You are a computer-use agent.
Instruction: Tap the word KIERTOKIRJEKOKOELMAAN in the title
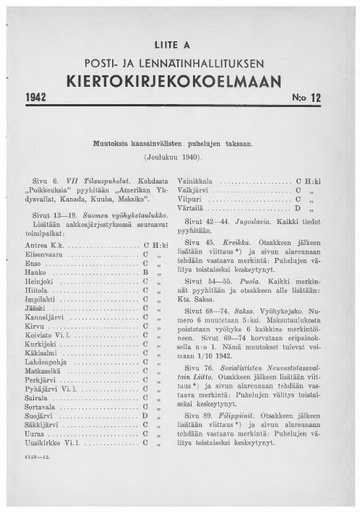pyautogui.click(x=181, y=76)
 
